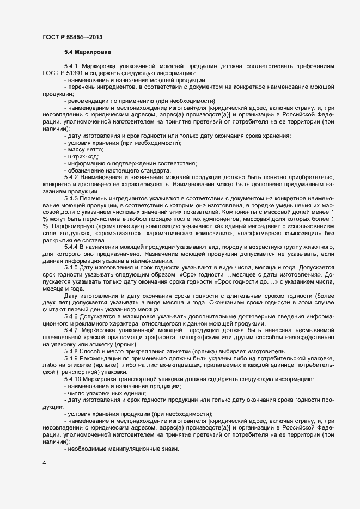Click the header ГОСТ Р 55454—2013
tap(72, 37)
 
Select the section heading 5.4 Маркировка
tap(88, 53)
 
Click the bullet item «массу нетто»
tap(86, 149)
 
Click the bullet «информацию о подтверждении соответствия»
tap(132, 164)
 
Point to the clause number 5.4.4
tap(71, 247)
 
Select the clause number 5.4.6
tap(71, 316)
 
